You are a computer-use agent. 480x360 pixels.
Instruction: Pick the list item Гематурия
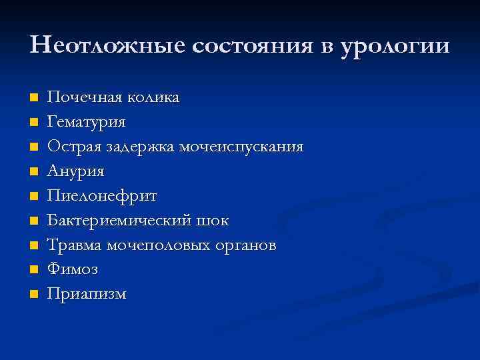pyautogui.click(x=86, y=122)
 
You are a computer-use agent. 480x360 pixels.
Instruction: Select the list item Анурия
pyautogui.click(x=75, y=171)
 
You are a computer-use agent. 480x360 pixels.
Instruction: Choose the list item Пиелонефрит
pyautogui.click(x=102, y=196)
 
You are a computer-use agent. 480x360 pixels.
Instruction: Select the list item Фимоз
pyautogui.click(x=73, y=269)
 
